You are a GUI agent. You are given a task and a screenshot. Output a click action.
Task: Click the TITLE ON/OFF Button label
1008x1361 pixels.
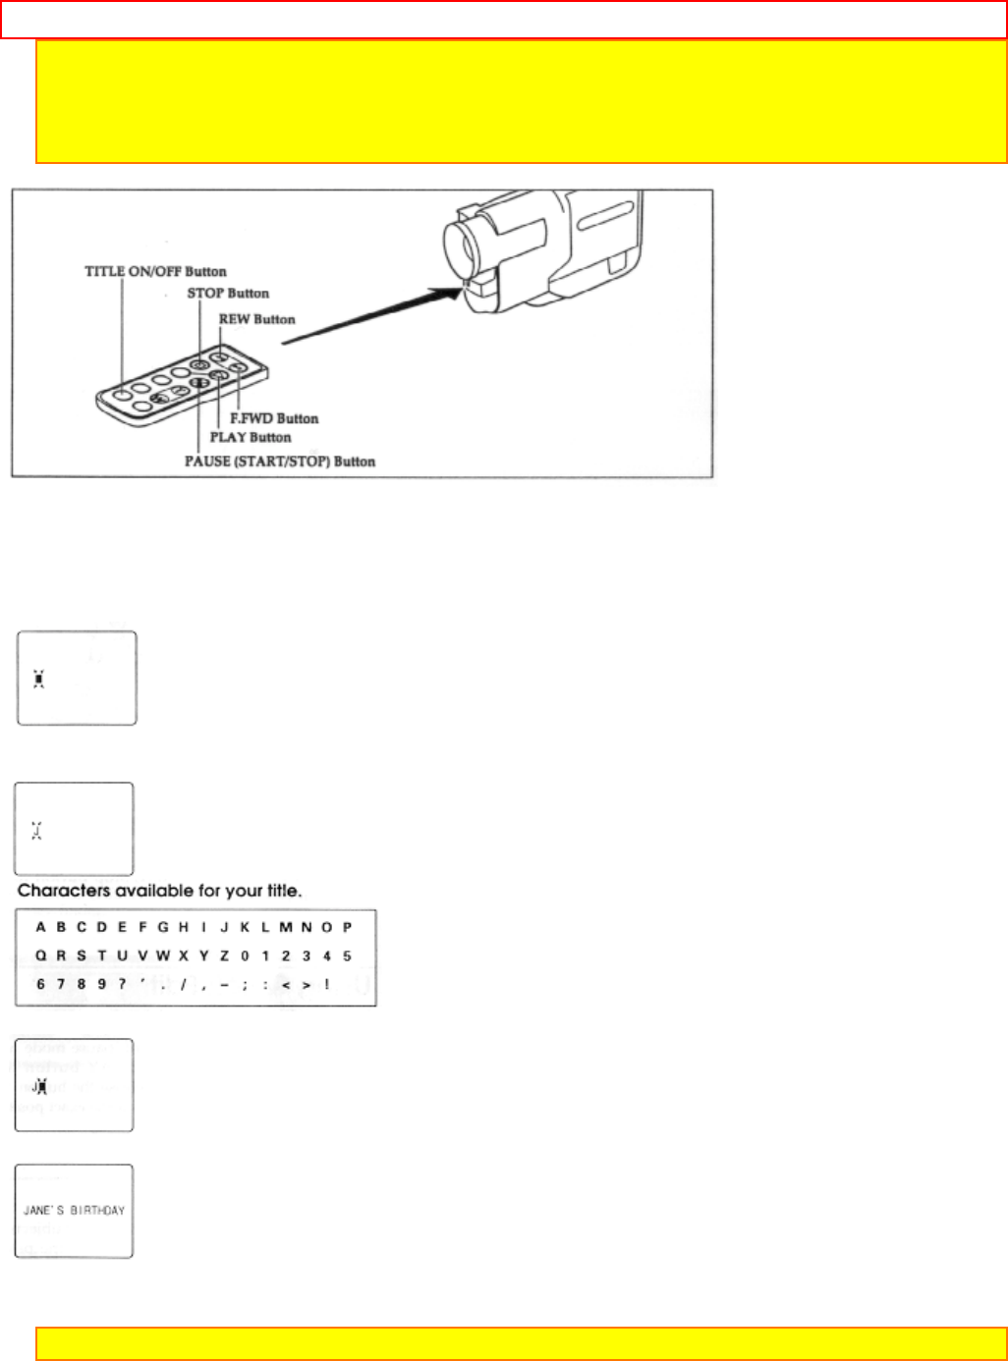(x=155, y=272)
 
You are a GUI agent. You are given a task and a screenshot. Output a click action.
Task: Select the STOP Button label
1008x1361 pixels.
(x=228, y=294)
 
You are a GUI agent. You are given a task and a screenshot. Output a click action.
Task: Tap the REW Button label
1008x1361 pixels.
(x=256, y=319)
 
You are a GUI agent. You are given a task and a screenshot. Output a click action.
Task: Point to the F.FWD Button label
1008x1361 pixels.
(x=274, y=418)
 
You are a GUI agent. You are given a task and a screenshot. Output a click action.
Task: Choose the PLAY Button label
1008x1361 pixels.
(x=251, y=437)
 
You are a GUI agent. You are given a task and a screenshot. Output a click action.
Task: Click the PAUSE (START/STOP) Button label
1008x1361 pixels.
(x=280, y=462)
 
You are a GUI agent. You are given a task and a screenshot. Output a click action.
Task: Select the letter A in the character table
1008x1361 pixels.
(x=40, y=927)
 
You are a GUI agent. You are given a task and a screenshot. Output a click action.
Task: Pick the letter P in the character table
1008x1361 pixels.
(x=347, y=927)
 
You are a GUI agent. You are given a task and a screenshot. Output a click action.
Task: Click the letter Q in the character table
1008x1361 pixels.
(x=40, y=955)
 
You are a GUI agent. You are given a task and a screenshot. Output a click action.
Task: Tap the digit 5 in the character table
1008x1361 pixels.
(x=347, y=955)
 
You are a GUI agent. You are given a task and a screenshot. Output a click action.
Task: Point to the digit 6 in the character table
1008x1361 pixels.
(x=40, y=984)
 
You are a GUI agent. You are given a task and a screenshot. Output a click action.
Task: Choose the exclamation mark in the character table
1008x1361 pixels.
(x=326, y=984)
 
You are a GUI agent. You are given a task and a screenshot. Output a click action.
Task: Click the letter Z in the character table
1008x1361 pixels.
(x=224, y=955)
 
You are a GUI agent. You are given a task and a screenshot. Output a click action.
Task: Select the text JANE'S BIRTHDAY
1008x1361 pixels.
(x=74, y=1211)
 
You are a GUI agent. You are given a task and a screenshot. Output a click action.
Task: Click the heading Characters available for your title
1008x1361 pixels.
(x=159, y=892)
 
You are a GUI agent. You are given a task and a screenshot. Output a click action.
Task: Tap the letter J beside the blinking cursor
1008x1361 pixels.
(x=33, y=1086)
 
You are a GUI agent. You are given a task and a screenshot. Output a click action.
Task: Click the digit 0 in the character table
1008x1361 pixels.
(x=245, y=955)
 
